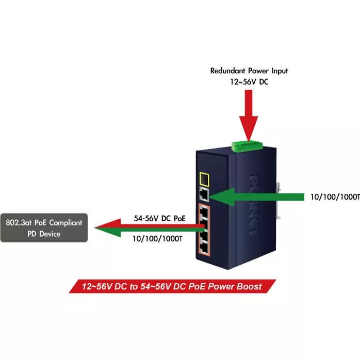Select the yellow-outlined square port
[x=204, y=179]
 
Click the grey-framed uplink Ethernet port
[x=204, y=195]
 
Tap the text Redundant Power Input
[x=249, y=71]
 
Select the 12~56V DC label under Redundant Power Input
[x=249, y=81]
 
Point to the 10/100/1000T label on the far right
[x=335, y=197]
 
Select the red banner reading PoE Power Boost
[x=172, y=286]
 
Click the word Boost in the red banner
[x=249, y=286]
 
